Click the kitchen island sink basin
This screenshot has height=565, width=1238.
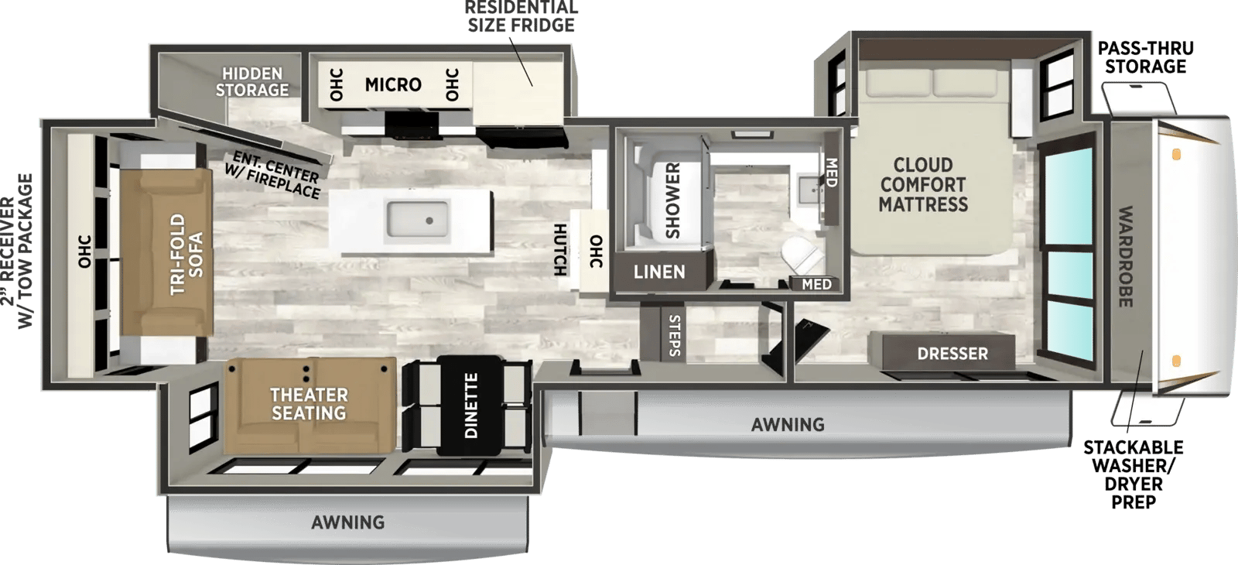pyautogui.click(x=418, y=219)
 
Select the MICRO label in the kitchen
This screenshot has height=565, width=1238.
pyautogui.click(x=393, y=84)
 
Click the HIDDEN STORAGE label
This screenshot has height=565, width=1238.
pyautogui.click(x=252, y=82)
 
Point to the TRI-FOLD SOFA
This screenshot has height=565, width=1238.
pyautogui.click(x=166, y=252)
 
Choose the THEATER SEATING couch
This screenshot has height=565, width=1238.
pyautogui.click(x=309, y=405)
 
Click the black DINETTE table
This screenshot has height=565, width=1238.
pyautogui.click(x=470, y=406)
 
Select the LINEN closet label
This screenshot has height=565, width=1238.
pyautogui.click(x=658, y=272)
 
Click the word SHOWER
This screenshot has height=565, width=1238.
pyautogui.click(x=672, y=200)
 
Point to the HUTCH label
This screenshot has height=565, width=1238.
pyautogui.click(x=560, y=250)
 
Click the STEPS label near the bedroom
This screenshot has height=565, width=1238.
pyautogui.click(x=674, y=336)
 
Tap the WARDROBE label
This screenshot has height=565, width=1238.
pyautogui.click(x=1125, y=256)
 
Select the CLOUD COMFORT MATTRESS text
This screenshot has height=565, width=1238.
pyautogui.click(x=923, y=185)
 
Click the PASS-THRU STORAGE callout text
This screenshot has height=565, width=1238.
pyautogui.click(x=1145, y=57)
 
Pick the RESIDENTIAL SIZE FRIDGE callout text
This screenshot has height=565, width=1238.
pyautogui.click(x=521, y=16)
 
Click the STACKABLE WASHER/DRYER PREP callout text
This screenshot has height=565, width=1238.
pyautogui.click(x=1133, y=474)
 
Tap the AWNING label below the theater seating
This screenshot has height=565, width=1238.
pyautogui.click(x=347, y=522)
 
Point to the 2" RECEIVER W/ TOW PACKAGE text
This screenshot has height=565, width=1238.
pyautogui.click(x=18, y=252)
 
